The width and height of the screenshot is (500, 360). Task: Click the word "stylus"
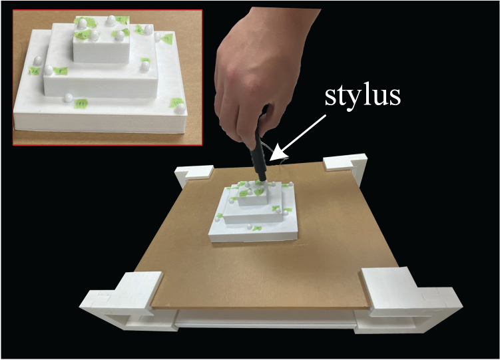[x=363, y=96]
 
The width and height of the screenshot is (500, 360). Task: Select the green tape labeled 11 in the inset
[x=81, y=103]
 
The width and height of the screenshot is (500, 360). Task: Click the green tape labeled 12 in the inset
[x=35, y=71]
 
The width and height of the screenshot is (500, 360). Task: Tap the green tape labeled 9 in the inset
[x=166, y=39]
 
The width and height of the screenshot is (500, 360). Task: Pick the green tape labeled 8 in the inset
[x=60, y=71]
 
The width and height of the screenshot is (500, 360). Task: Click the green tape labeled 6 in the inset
[x=139, y=30]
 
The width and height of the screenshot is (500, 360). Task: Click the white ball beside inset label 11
[x=68, y=98]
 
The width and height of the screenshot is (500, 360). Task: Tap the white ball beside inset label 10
[x=180, y=108]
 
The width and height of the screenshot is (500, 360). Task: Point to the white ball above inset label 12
[x=38, y=61]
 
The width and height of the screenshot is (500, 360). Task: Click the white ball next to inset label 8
[x=49, y=71]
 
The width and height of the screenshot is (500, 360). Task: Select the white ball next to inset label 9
[x=157, y=37]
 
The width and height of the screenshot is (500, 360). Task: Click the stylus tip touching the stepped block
[x=264, y=183]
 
